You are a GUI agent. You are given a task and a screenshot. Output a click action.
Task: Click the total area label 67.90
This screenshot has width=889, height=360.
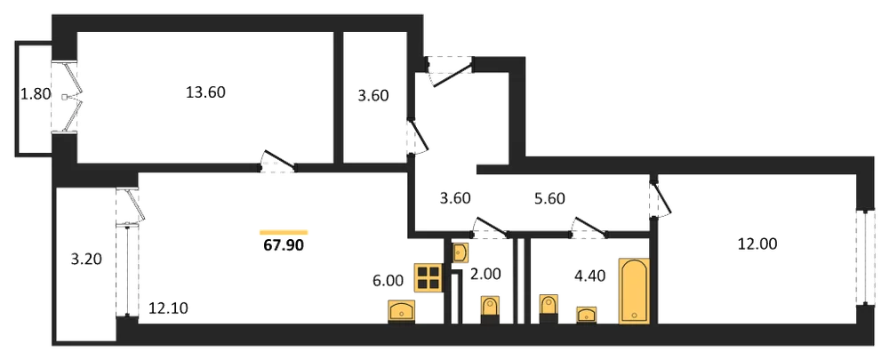click(284, 246)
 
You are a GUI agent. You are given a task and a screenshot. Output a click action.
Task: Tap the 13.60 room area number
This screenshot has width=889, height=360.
click(206, 92)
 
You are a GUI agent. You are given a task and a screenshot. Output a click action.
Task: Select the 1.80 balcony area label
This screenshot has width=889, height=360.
click(35, 94)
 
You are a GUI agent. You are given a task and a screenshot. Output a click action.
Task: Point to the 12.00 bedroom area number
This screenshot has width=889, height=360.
click(757, 244)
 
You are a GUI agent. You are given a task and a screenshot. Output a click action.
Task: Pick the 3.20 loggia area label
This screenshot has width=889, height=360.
click(84, 260)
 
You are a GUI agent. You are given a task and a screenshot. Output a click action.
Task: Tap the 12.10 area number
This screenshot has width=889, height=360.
click(168, 308)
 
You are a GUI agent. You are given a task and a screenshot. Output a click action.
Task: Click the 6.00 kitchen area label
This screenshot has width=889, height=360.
click(388, 281)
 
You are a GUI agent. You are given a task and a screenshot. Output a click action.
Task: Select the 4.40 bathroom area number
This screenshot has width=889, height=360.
click(590, 276)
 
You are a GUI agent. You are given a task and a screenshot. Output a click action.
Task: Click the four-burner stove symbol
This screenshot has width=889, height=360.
click(428, 278)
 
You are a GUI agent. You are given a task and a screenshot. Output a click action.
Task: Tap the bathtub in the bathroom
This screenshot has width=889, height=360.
click(635, 291)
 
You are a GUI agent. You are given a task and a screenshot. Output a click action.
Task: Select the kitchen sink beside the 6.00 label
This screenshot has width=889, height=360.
click(402, 311)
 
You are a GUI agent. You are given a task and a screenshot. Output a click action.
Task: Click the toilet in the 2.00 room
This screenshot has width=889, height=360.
click(490, 309)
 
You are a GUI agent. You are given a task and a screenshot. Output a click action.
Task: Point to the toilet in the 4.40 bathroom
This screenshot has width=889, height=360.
click(549, 309)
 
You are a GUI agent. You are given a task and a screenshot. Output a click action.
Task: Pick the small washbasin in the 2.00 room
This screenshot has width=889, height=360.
click(461, 252)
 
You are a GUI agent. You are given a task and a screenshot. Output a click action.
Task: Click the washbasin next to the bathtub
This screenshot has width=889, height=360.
click(587, 315)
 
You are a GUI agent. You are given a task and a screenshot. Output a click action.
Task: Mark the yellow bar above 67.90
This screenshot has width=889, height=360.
click(284, 232)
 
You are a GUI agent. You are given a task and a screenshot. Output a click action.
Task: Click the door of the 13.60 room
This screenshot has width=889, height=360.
click(276, 160)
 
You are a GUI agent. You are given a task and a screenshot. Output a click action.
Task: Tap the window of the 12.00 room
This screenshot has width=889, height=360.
click(865, 258)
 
